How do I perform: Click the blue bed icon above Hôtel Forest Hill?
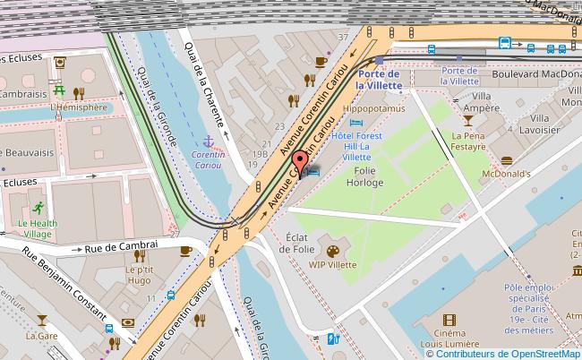tap(357, 123)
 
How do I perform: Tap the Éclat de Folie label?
tap(298, 232)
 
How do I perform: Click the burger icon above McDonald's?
tap(507, 160)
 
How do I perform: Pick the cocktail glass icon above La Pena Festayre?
tap(467, 118)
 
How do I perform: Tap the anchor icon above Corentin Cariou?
tap(208, 141)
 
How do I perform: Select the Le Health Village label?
tap(37, 227)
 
